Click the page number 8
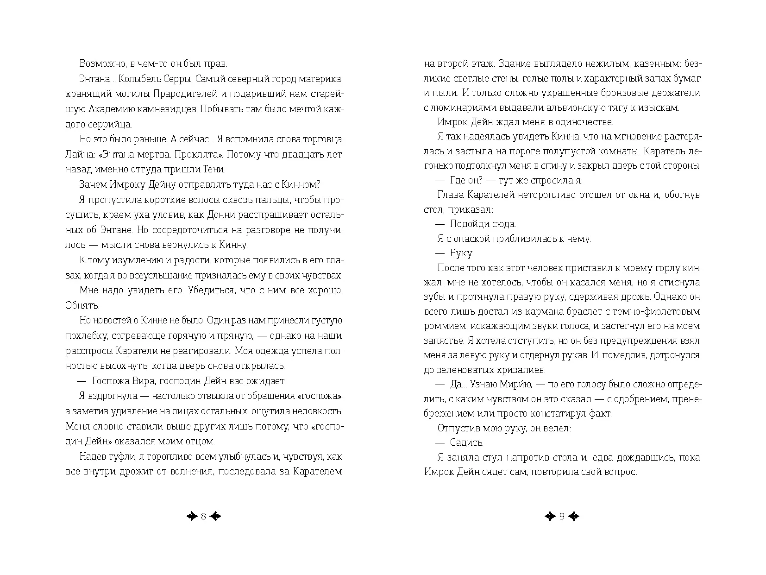coord(203,517)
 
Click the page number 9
coord(562,517)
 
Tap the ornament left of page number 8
coord(192,517)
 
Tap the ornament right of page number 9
coord(573,517)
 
